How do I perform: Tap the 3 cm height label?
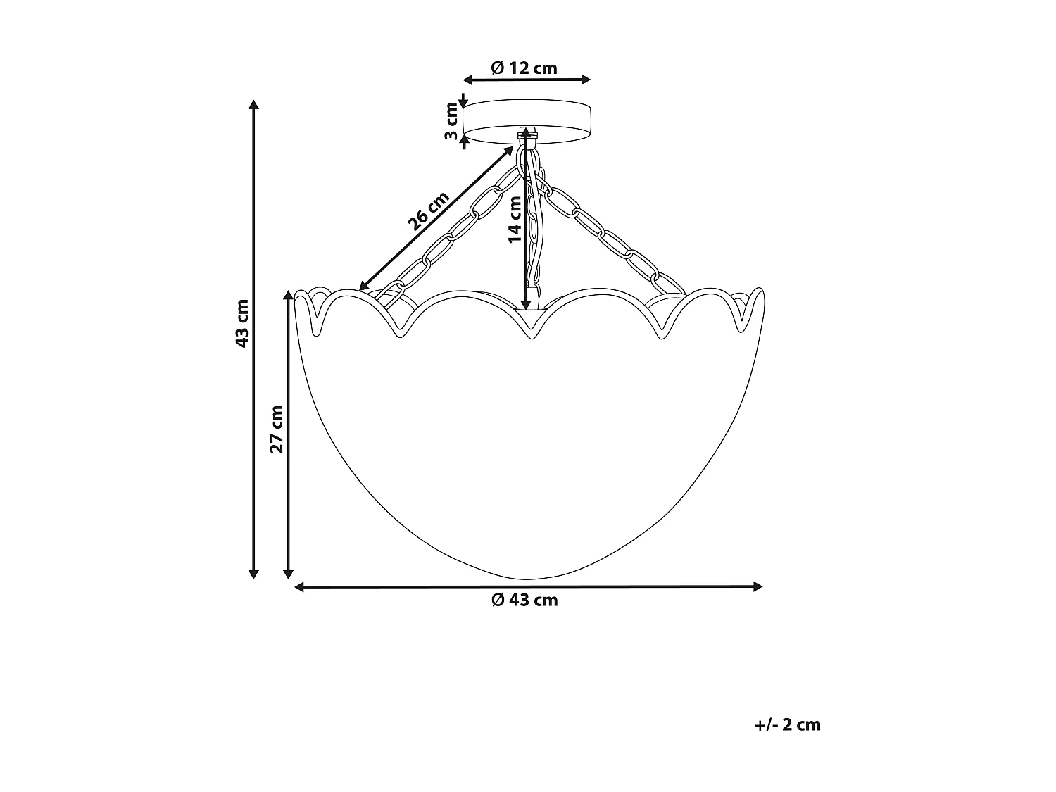point(451,120)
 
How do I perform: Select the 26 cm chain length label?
point(428,211)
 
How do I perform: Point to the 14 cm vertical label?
point(515,219)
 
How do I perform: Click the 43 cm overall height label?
point(241,323)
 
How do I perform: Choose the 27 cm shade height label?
point(277,429)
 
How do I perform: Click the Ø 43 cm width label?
point(524,600)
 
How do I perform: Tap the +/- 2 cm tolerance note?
point(786,724)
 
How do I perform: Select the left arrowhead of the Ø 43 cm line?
point(299,586)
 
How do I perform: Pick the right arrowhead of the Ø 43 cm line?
point(758,586)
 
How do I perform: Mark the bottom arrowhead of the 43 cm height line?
point(254,573)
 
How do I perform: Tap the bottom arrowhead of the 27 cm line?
point(288,573)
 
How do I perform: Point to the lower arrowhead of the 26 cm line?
point(363,286)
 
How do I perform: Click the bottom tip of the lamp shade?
point(528,576)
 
